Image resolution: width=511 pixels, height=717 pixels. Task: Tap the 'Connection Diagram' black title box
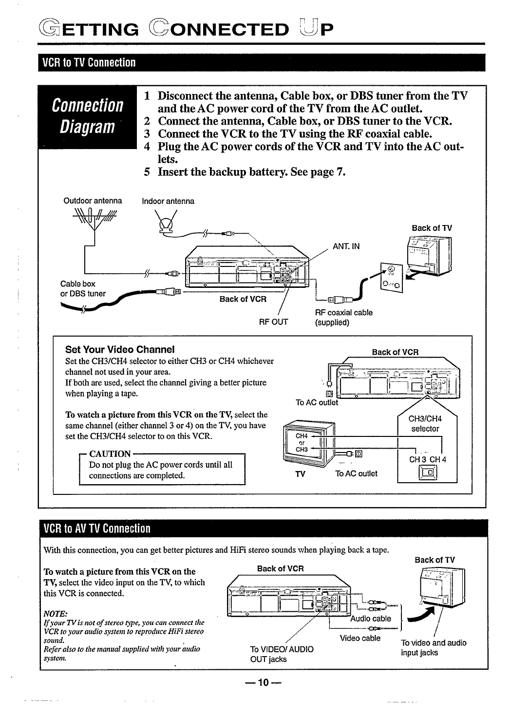click(x=88, y=117)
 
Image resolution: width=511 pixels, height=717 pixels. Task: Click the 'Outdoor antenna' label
click(x=93, y=201)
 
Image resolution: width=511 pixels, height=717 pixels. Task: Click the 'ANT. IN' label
click(x=346, y=246)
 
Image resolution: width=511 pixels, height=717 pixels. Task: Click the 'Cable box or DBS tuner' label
click(x=83, y=288)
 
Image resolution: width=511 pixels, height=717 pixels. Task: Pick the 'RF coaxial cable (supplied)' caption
click(x=343, y=317)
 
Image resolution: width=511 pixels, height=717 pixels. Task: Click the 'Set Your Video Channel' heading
click(x=120, y=349)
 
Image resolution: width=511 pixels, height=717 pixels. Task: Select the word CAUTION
click(x=110, y=453)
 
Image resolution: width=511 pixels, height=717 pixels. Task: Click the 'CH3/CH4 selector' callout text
click(x=425, y=424)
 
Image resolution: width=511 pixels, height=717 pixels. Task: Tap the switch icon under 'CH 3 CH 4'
click(x=429, y=472)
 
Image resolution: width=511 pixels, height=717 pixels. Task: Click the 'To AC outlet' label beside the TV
click(x=356, y=473)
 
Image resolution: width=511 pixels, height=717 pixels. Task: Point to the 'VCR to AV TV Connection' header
click(x=97, y=528)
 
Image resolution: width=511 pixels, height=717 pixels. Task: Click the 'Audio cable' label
click(x=371, y=619)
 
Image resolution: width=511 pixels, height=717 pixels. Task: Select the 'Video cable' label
click(x=360, y=638)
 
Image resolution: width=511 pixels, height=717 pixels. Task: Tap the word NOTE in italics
click(x=55, y=613)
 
